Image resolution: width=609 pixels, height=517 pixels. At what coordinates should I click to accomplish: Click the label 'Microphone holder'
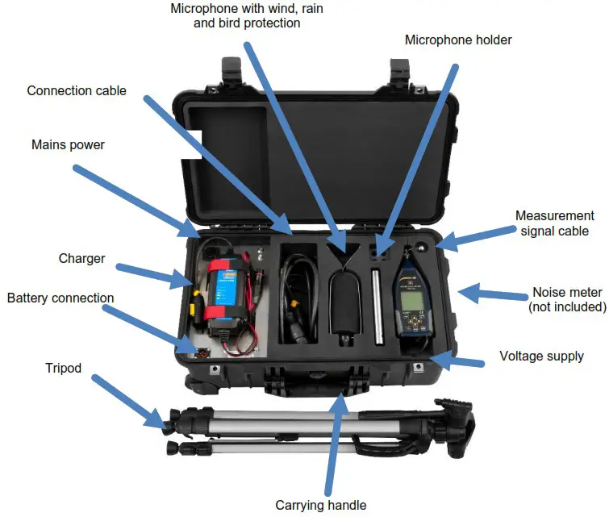point(458,40)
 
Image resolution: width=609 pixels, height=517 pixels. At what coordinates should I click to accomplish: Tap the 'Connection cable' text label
point(77,90)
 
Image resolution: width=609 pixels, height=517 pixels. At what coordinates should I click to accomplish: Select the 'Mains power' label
point(68,145)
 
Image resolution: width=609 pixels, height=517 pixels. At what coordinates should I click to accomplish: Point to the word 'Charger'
point(81,259)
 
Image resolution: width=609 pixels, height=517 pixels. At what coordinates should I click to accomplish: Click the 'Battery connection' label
point(60,298)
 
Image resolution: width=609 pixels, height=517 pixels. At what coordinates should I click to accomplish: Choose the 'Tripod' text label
point(64,368)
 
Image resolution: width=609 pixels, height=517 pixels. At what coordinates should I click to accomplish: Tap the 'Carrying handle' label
point(321,506)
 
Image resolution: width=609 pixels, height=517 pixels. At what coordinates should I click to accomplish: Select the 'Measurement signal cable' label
point(554,223)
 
